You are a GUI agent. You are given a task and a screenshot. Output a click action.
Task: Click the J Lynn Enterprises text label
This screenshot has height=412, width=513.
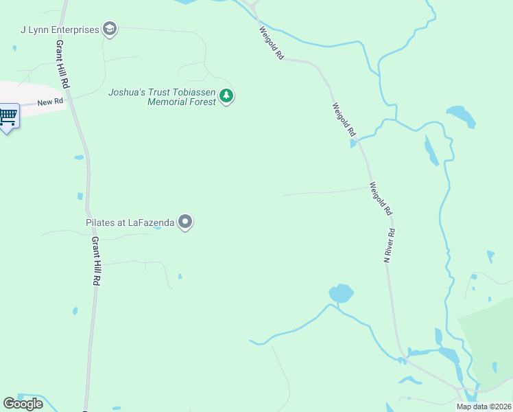60,30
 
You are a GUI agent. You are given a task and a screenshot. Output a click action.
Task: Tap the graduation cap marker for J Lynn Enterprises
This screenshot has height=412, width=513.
109,29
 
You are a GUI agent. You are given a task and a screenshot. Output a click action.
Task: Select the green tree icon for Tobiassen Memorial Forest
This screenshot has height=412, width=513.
226,97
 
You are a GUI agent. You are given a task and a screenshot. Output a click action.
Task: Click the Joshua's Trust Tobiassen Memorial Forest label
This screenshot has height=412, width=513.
162,97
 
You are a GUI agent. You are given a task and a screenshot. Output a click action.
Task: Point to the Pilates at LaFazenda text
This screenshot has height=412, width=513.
130,222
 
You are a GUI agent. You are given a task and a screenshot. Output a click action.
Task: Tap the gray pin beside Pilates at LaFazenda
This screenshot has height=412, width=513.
185,222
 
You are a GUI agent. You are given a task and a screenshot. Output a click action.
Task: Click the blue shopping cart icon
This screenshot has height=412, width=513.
8,116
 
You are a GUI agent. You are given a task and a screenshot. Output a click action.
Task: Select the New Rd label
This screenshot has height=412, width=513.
50,103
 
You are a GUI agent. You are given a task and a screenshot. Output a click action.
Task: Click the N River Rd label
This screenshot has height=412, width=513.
390,246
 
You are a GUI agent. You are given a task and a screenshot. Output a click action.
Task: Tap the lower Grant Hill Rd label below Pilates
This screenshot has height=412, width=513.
97,261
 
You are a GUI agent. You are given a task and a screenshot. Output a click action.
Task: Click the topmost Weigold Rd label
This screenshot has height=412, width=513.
272,43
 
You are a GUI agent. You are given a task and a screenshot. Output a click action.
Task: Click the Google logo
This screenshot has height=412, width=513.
23,404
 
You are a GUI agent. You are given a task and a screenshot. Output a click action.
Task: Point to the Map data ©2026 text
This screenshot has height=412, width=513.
484,407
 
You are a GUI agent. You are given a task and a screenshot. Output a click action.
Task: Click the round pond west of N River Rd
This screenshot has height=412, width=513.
341,293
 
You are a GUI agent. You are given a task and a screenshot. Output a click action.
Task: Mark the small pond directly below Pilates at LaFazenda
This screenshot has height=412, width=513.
158,228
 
